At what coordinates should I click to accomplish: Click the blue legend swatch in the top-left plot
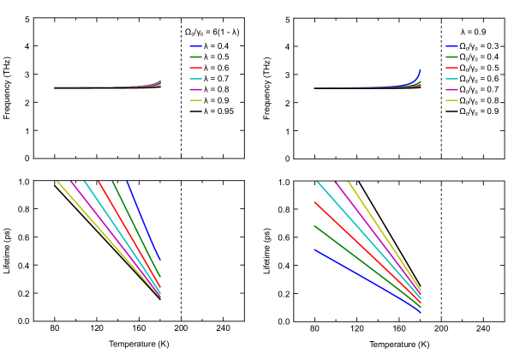click(195, 46)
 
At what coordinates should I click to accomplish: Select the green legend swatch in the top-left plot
click(195, 57)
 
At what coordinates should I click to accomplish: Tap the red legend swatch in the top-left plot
click(195, 68)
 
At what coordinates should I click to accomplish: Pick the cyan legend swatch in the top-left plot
click(195, 79)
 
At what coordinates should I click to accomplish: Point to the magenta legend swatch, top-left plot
click(195, 89)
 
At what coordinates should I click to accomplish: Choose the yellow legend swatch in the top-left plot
click(195, 100)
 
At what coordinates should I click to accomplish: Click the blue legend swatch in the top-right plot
click(451, 46)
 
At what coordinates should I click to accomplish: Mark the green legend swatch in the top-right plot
click(451, 57)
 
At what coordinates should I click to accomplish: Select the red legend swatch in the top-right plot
click(451, 68)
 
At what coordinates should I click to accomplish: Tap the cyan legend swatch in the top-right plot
click(451, 79)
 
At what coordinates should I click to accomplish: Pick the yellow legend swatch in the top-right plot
click(451, 100)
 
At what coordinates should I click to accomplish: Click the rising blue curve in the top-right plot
click(418, 76)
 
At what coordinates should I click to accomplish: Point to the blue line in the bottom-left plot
click(144, 220)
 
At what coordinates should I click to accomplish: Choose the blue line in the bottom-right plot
click(368, 281)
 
